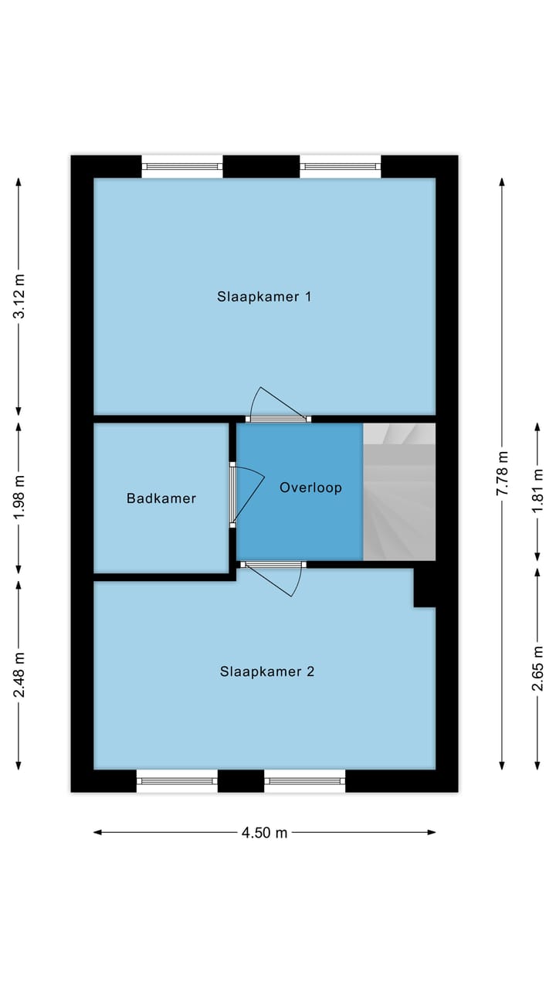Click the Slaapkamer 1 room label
click(264, 297)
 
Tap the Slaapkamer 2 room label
click(266, 671)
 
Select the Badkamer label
click(161, 498)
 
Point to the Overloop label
click(310, 488)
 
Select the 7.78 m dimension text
click(503, 473)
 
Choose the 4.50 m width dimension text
click(264, 832)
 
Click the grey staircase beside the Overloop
click(399, 492)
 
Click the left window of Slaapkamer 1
click(182, 165)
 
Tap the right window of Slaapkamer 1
click(340, 165)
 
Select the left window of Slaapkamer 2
click(177, 781)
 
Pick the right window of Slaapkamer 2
click(305, 781)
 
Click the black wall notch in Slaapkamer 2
click(425, 588)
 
